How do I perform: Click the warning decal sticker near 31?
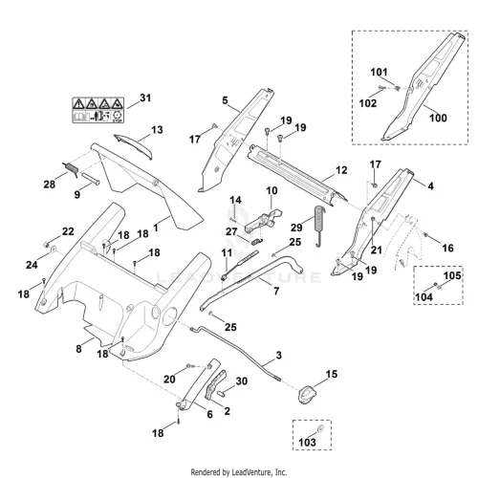pos(98,110)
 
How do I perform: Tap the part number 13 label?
pos(157,130)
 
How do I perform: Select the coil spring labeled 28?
pos(71,170)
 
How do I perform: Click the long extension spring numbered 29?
pos(319,226)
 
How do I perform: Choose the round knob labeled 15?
pos(307,394)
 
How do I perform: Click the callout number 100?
pos(438,118)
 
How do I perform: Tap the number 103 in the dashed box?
pos(307,442)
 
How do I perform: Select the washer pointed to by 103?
pos(321,428)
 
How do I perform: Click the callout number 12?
pos(341,170)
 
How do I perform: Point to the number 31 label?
pos(145,98)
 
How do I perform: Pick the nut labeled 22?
pos(46,245)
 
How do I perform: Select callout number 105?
pos(452,275)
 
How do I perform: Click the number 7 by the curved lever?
pos(276,291)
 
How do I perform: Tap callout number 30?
pos(242,381)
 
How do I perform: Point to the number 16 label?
pos(447,248)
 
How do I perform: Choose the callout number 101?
pos(379,73)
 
